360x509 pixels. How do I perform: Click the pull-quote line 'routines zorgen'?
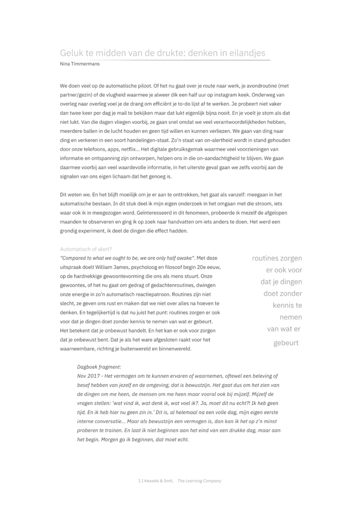[277, 258]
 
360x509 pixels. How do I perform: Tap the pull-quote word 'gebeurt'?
[286, 342]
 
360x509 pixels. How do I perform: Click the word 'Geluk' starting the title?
[71, 53]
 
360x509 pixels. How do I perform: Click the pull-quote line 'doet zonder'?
[282, 293]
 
